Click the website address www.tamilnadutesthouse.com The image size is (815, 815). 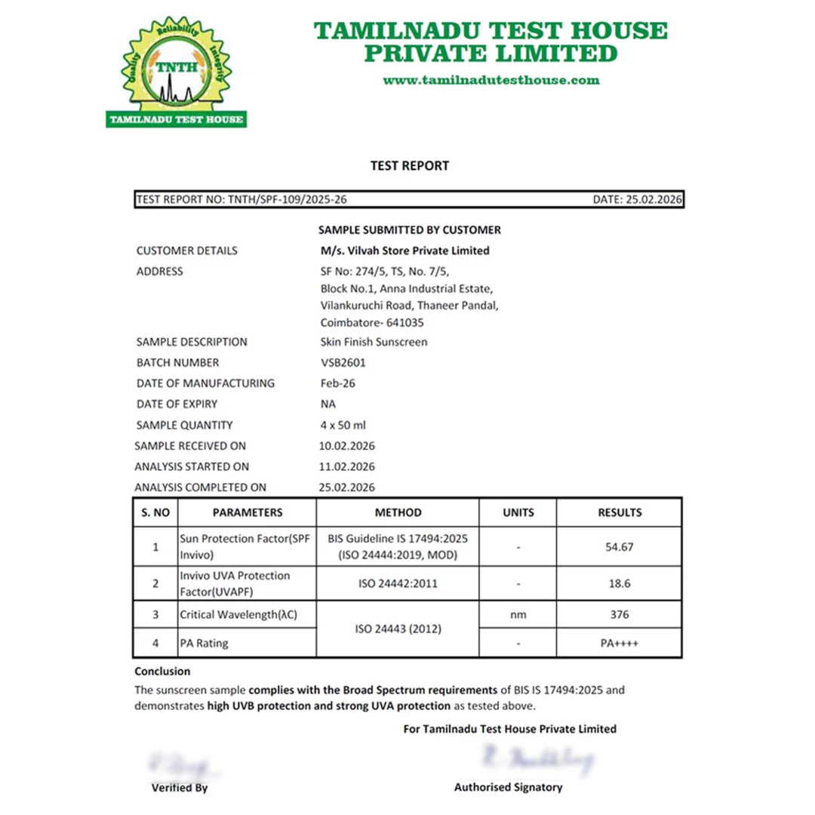pyautogui.click(x=491, y=80)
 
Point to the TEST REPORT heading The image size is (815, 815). pyautogui.click(x=410, y=165)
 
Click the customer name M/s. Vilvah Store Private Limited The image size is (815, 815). pyautogui.click(x=404, y=251)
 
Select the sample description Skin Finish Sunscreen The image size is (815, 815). pyautogui.click(x=374, y=342)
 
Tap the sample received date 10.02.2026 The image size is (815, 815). pyautogui.click(x=348, y=446)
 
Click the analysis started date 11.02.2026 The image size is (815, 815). pyautogui.click(x=348, y=466)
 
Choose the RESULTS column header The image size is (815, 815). pyautogui.click(x=620, y=512)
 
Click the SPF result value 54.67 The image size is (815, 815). pyautogui.click(x=620, y=547)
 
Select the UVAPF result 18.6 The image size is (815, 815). pyautogui.click(x=620, y=583)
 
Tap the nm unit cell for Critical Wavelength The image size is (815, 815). pyautogui.click(x=518, y=615)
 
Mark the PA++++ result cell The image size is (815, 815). pyautogui.click(x=620, y=644)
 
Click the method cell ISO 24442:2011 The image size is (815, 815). pyautogui.click(x=398, y=583)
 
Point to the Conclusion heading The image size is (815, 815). pyautogui.click(x=162, y=671)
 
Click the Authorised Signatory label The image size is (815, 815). pyautogui.click(x=508, y=787)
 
